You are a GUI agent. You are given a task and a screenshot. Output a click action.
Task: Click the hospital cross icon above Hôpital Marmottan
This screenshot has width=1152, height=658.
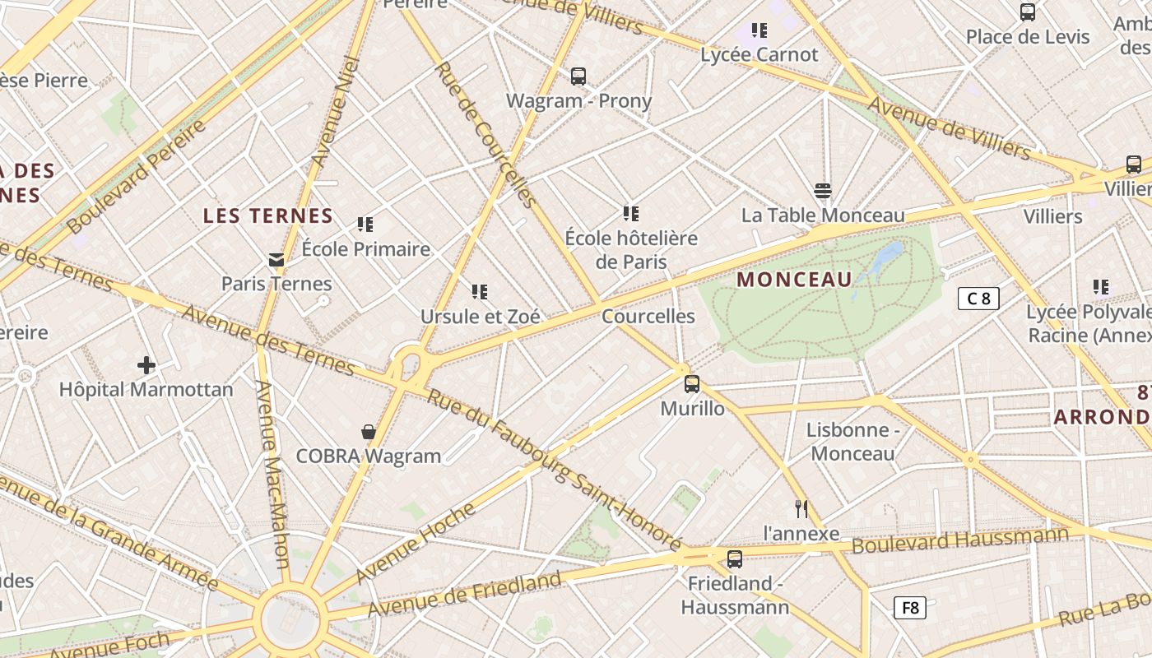[146, 365]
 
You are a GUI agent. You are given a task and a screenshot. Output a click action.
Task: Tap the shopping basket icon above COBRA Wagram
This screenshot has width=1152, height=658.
[369, 432]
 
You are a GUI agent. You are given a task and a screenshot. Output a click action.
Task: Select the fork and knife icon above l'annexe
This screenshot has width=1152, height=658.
[801, 509]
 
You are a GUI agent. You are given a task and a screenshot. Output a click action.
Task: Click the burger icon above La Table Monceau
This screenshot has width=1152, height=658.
[823, 191]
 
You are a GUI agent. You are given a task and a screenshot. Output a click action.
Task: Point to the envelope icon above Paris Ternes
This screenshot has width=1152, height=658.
[276, 260]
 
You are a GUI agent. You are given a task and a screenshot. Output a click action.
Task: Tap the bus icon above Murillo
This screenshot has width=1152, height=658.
[692, 383]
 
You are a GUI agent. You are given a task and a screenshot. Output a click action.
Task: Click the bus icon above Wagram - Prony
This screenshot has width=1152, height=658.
[578, 76]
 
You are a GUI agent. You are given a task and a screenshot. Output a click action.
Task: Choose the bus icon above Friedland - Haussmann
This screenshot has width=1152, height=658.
[735, 559]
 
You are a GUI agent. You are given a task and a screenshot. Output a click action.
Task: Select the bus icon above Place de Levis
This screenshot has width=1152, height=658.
[1028, 12]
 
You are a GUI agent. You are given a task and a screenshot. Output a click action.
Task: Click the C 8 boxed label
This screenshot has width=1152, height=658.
[978, 299]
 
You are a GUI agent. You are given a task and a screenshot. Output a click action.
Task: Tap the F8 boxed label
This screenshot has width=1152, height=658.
[910, 608]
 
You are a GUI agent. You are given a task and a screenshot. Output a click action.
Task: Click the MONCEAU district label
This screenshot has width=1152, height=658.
[794, 280]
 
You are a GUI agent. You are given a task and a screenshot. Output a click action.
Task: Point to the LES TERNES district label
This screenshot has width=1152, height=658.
[267, 216]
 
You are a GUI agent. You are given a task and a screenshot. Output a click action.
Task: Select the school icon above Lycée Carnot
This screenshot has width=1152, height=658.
[759, 30]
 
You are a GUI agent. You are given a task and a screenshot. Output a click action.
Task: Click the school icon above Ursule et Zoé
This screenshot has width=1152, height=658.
[480, 291]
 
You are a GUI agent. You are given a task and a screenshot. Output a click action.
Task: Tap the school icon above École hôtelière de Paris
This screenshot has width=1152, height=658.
[631, 214]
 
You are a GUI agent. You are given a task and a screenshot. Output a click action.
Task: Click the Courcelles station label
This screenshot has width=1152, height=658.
[648, 317]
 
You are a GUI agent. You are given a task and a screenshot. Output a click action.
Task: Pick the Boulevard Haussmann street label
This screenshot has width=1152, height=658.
[959, 540]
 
